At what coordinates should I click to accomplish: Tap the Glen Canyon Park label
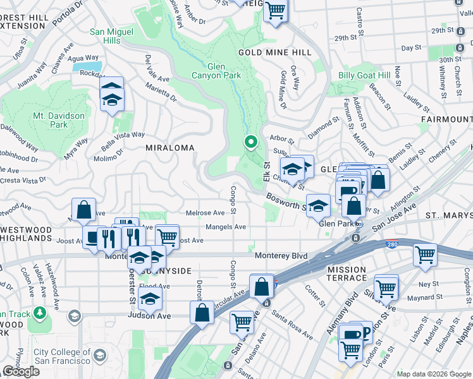217,70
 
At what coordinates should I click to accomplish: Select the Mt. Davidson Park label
59,120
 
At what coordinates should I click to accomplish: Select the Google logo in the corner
21,371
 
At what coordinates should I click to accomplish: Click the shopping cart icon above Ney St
425,255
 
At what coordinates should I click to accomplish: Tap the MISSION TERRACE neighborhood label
347,274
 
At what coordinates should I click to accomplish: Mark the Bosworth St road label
286,202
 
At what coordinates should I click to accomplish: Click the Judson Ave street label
149,315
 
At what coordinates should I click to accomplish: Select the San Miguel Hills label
111,36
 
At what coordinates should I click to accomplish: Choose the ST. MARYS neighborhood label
448,215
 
